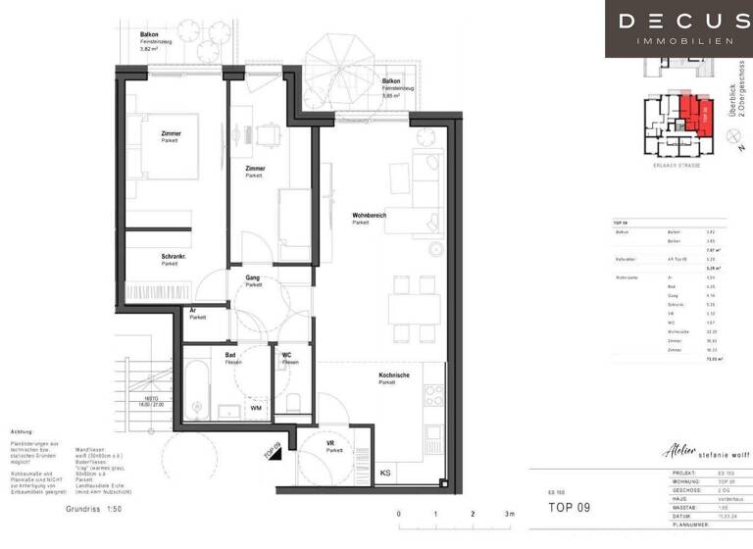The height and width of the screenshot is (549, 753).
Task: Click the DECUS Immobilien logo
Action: [x=678, y=28]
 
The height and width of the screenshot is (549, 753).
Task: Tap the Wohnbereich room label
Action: [x=367, y=218]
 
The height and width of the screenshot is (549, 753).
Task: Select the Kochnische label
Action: [x=394, y=377]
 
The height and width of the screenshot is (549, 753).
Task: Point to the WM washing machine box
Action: [x=256, y=407]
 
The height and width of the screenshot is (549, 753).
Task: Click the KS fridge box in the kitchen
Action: [x=385, y=474]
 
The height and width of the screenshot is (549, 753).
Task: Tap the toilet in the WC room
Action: [x=293, y=399]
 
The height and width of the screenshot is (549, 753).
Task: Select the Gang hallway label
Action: [x=254, y=280]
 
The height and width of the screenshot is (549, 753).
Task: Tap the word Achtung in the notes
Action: [x=22, y=430]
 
